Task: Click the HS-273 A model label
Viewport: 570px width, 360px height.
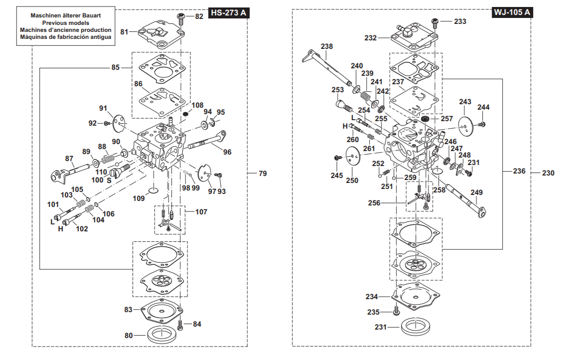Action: (229, 13)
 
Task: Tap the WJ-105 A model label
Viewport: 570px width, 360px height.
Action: (512, 12)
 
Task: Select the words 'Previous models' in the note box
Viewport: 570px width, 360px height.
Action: (66, 22)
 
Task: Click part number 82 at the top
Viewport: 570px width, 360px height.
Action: (199, 16)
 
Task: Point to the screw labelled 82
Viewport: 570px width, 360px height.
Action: (181, 17)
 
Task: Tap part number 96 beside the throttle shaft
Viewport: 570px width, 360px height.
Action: (227, 152)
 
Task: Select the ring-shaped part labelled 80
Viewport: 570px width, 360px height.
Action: (162, 335)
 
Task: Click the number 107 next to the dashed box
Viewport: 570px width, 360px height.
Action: (201, 211)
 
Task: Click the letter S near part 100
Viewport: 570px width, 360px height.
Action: (109, 180)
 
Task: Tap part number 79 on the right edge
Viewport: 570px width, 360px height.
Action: (263, 174)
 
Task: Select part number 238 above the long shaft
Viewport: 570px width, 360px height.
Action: (327, 46)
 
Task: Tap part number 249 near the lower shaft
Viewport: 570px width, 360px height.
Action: (476, 192)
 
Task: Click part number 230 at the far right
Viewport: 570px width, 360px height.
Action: (548, 173)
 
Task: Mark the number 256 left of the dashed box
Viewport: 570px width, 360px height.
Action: (374, 203)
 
